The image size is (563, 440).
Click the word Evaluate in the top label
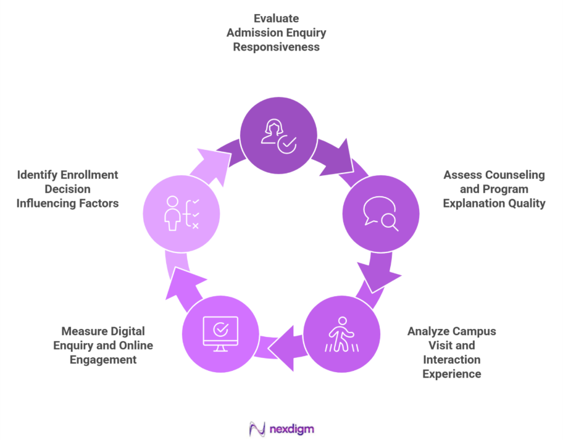(276, 19)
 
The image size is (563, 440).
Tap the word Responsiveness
(276, 47)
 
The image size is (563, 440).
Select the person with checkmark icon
(278, 136)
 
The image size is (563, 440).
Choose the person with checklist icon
(181, 214)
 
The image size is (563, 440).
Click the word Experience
(451, 373)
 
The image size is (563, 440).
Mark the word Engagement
(103, 359)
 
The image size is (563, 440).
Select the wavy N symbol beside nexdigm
(256, 427)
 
